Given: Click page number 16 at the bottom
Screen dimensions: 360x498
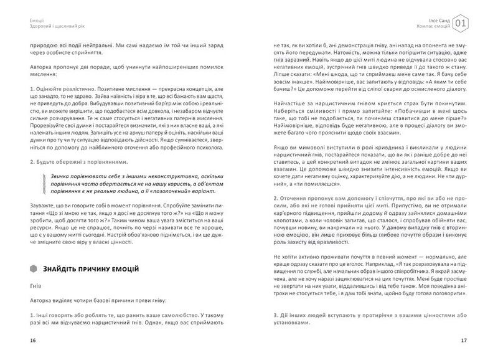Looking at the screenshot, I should pyautogui.click(x=24, y=341).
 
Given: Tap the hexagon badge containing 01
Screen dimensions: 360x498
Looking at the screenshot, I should pyautogui.click(x=461, y=24).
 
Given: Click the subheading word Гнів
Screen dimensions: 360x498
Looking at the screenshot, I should pyautogui.click(x=35, y=289).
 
